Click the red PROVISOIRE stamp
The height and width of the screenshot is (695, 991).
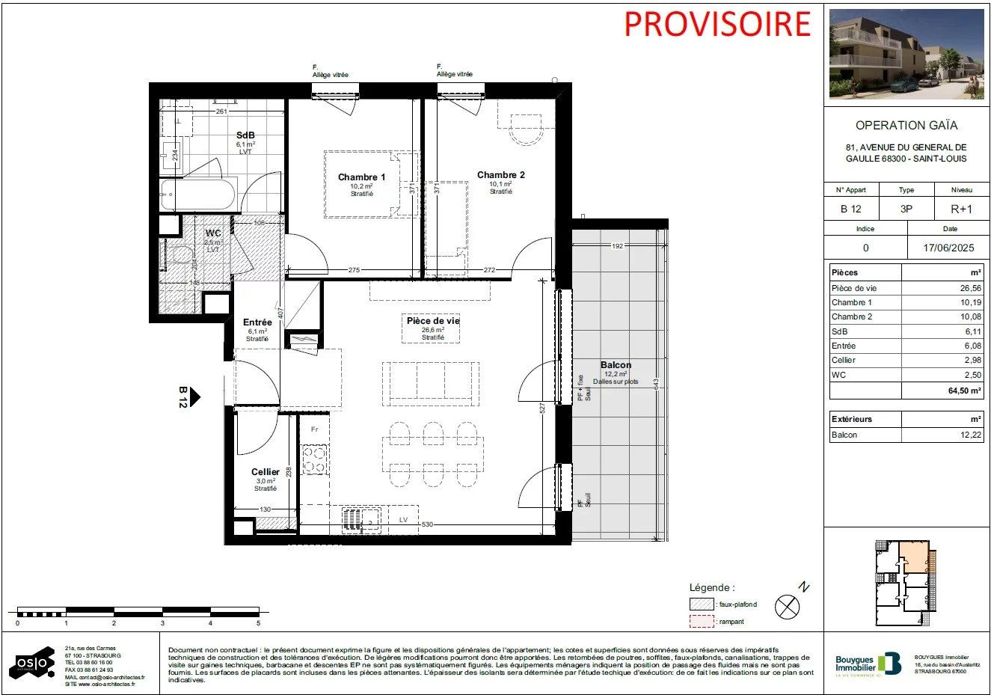[x=717, y=24]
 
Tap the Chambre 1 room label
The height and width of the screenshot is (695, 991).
[x=361, y=177]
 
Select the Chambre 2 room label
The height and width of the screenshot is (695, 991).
[x=500, y=175]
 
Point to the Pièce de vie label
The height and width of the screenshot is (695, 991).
[x=433, y=321]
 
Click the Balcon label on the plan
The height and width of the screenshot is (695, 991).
[x=616, y=365]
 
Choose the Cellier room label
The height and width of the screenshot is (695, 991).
[x=266, y=472]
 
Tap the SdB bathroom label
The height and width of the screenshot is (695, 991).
[x=245, y=135]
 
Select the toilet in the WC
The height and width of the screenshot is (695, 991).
[x=179, y=255]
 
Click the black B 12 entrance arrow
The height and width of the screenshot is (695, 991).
[x=194, y=397]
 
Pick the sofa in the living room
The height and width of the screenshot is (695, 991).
[x=431, y=384]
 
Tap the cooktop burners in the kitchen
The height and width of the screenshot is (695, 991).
[x=314, y=459]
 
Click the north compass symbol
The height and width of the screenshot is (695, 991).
[x=787, y=607]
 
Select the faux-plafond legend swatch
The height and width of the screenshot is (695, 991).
[x=702, y=604]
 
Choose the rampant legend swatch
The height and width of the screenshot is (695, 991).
[x=702, y=622]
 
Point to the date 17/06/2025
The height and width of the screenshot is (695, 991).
[x=948, y=248]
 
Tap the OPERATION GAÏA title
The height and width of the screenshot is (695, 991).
[x=906, y=126]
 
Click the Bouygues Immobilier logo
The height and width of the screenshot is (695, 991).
[x=868, y=664]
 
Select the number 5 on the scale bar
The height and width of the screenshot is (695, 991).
[x=258, y=623]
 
